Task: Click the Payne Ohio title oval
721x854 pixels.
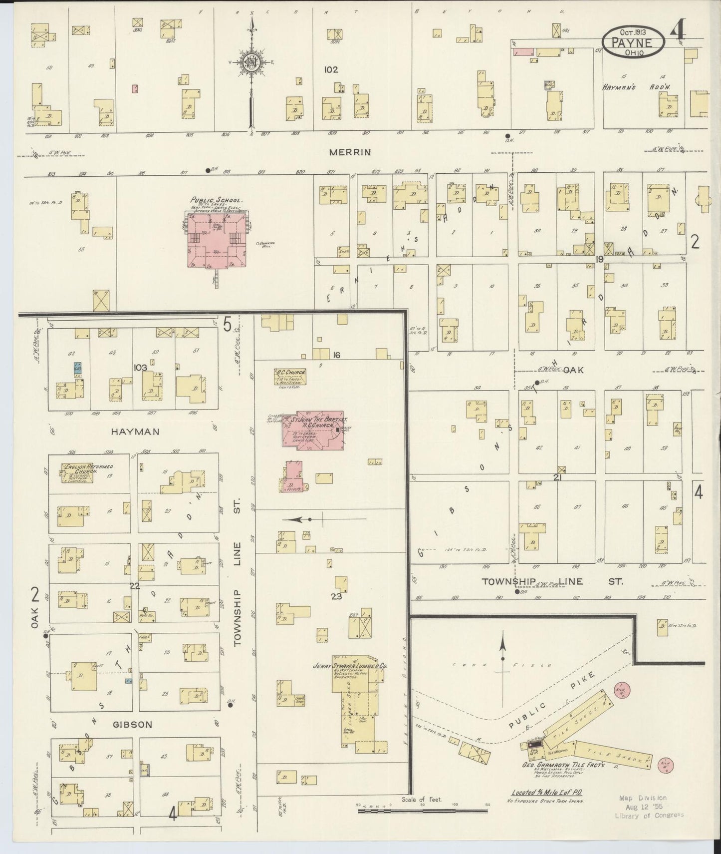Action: (x=633, y=41)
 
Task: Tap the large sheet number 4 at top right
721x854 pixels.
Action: (x=678, y=33)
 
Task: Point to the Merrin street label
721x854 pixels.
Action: (x=350, y=152)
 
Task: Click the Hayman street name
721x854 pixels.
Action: (x=135, y=431)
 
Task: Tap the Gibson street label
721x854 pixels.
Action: (x=132, y=724)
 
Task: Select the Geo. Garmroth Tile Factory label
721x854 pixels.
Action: (x=563, y=765)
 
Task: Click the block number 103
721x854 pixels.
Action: (x=140, y=367)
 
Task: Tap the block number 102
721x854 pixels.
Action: (x=331, y=69)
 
